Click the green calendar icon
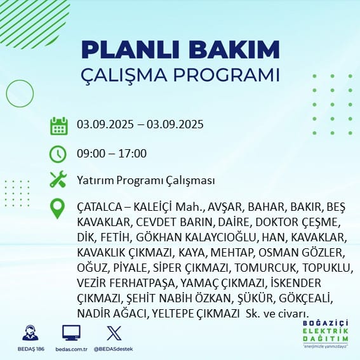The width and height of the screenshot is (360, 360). (59, 126)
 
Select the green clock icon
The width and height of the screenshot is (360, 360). (58, 154)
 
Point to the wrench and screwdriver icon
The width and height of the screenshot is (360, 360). (58, 179)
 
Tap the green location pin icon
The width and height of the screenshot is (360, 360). (57, 208)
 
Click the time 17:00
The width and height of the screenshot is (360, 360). (132, 154)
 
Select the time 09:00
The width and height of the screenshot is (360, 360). (91, 154)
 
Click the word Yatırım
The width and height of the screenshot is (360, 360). (95, 180)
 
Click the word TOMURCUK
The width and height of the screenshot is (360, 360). (265, 268)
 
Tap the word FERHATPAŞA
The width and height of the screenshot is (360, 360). (142, 283)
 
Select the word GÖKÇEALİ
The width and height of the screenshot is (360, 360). (306, 298)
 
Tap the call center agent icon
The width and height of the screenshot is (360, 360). (30, 333)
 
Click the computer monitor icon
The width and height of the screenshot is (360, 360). (71, 333)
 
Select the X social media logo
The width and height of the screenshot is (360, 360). (114, 333)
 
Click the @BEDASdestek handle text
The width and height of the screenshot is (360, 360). (113, 349)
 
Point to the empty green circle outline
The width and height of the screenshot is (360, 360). (6, 93)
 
